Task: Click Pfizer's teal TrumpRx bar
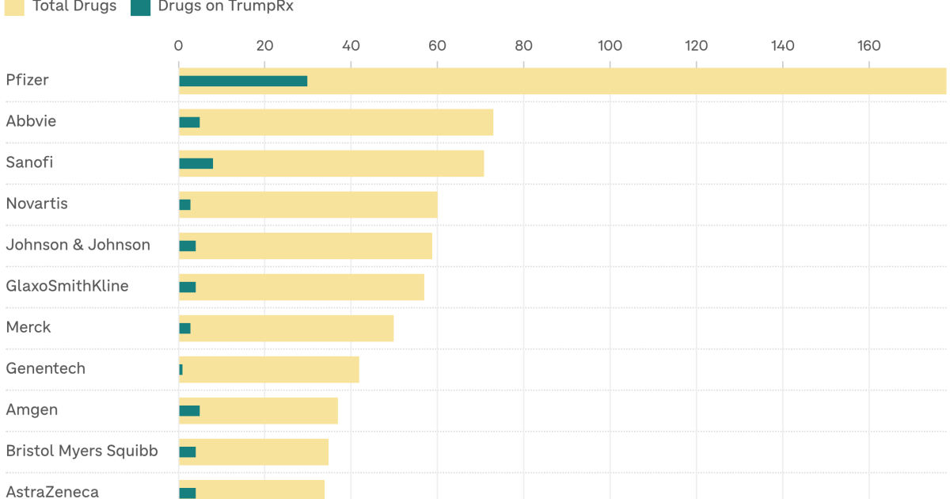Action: click(x=243, y=81)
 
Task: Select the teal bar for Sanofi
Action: click(x=196, y=163)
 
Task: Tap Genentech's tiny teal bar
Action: click(x=180, y=370)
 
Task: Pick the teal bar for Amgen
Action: click(x=189, y=411)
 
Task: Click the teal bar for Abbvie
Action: click(x=189, y=122)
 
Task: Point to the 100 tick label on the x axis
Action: click(x=610, y=46)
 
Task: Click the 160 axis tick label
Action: click(x=869, y=46)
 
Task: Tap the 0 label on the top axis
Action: click(x=178, y=46)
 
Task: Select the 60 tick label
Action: click(x=437, y=46)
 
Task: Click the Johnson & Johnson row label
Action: click(x=78, y=245)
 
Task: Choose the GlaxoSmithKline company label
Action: click(x=67, y=286)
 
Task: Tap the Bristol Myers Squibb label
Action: click(x=82, y=451)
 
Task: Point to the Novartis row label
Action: click(x=37, y=204)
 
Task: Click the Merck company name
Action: click(x=28, y=327)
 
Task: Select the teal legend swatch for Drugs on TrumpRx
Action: click(x=140, y=7)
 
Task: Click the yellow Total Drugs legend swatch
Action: click(x=14, y=7)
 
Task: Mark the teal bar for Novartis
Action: click(x=185, y=204)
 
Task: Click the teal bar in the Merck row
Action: click(x=185, y=329)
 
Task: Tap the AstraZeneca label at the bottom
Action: click(x=52, y=492)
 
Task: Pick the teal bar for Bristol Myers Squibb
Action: click(x=188, y=452)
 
